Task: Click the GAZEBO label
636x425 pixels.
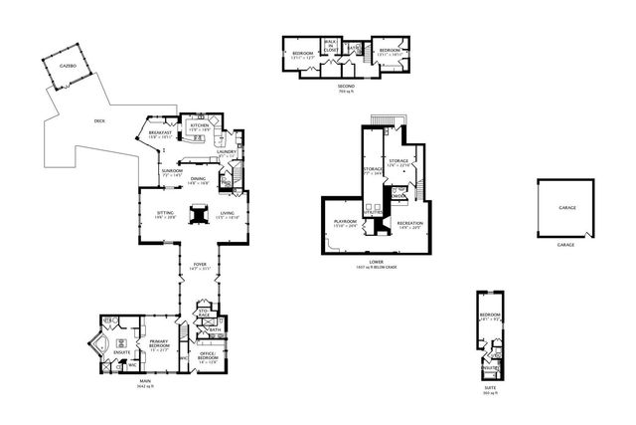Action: click(68, 65)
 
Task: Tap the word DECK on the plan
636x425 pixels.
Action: click(99, 121)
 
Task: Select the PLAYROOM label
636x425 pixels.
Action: click(345, 223)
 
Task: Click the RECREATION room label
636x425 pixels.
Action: click(410, 224)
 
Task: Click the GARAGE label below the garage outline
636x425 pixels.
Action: click(566, 245)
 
